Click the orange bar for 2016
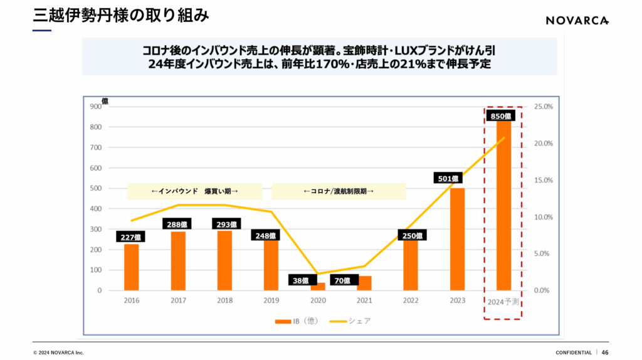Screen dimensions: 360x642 pyautogui.click(x=132, y=267)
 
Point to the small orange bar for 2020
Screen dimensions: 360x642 pyautogui.click(x=318, y=287)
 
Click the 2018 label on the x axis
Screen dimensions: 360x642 pyautogui.click(x=224, y=301)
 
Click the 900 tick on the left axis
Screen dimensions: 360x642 pyautogui.click(x=95, y=107)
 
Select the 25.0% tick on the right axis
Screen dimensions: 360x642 pyautogui.click(x=543, y=107)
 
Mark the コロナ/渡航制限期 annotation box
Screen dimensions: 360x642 pyautogui.click(x=339, y=191)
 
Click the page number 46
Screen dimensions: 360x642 pyautogui.click(x=605, y=352)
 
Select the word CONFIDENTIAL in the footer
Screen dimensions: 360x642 pyautogui.click(x=573, y=352)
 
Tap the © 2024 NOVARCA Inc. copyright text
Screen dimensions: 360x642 pyautogui.click(x=58, y=352)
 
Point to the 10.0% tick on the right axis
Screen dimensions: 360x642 pyautogui.click(x=543, y=217)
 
